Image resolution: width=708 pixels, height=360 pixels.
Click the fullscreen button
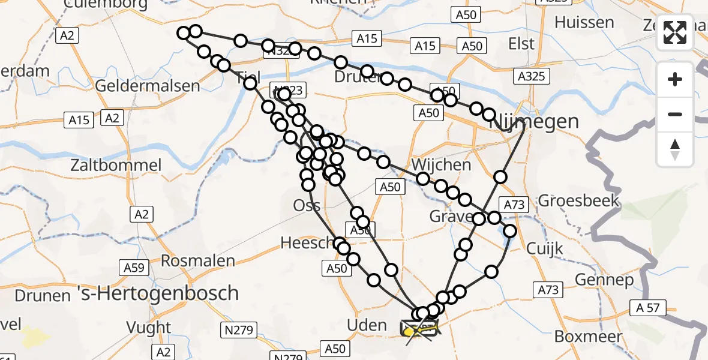pos(675,32)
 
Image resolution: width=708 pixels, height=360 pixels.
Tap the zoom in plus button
pos(675,79)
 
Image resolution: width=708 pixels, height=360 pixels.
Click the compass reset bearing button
pos(675,149)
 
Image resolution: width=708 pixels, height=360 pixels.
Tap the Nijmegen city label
pos(535,122)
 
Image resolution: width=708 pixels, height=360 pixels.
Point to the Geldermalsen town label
pos(147,86)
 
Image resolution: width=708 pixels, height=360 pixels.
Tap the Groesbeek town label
pos(578,200)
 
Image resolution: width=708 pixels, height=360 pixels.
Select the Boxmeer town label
pos(588,336)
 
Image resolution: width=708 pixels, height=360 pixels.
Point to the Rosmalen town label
pos(198,260)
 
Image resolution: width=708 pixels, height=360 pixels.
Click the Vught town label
pos(149,328)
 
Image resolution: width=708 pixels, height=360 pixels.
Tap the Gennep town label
pos(604,280)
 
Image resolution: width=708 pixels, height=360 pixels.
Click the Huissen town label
pos(584,23)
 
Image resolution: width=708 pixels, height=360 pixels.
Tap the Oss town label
pos(307,205)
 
